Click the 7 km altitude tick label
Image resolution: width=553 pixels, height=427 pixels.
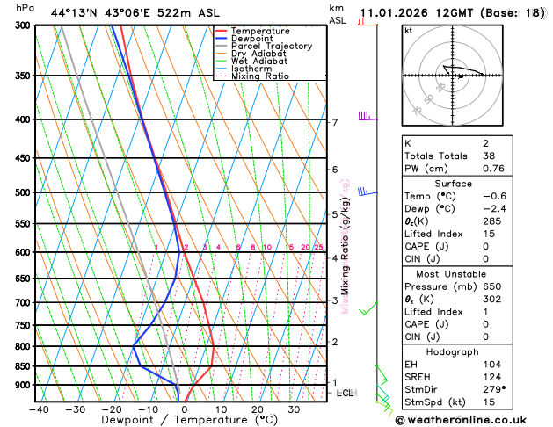(x=334, y=122)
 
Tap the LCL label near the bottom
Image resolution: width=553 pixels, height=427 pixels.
(x=345, y=393)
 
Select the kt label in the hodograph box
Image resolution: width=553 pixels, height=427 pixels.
(x=408, y=30)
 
